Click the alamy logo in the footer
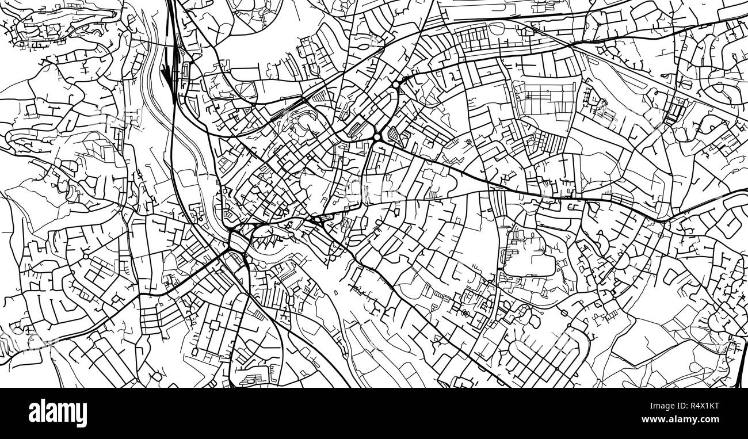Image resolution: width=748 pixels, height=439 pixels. click(58, 413)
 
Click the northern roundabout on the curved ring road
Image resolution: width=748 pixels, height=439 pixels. click(396, 85)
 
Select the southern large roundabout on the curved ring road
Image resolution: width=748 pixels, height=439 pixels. click(377, 137)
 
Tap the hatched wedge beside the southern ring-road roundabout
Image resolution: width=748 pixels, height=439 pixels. click(394, 137)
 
